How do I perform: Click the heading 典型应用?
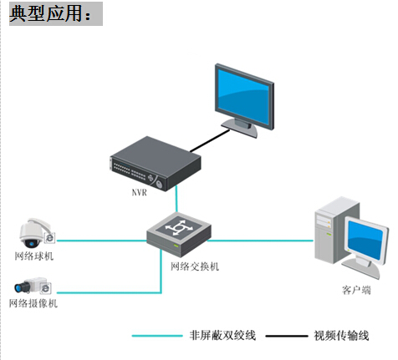46,13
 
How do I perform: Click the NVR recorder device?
156,164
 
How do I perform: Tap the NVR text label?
139,192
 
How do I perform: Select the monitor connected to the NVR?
244,100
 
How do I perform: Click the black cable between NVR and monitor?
210,141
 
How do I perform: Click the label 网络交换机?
195,266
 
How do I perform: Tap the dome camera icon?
37,233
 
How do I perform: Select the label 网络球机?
34,256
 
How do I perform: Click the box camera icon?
33,286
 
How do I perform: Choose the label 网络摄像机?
33,303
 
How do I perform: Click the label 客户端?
356,290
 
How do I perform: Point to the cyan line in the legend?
157,336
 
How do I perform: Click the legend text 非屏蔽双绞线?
222,335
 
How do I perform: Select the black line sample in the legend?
287,336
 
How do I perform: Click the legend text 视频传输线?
341,336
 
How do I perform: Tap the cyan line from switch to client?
261,241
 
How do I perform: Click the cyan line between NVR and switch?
176,199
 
